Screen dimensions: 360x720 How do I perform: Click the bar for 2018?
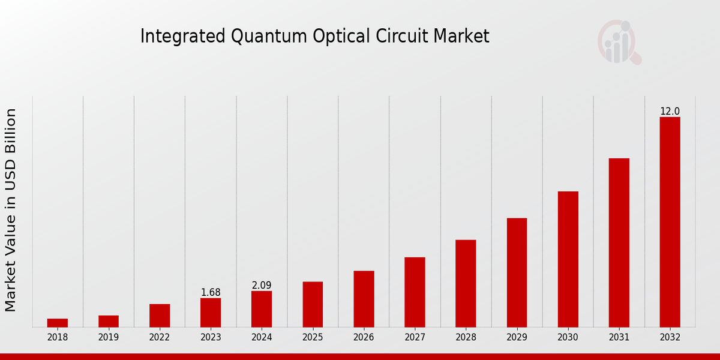coord(58,323)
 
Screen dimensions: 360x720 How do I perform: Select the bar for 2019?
coord(109,321)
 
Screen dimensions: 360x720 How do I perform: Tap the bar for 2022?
coord(160,316)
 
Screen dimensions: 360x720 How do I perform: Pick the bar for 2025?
coord(313,304)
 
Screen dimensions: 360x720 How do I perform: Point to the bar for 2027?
coord(415,292)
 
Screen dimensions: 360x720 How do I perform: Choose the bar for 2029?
coord(517,272)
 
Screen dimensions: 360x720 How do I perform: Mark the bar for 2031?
coord(619,242)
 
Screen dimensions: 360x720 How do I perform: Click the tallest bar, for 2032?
coord(670,222)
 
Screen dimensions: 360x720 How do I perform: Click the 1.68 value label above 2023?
coord(211,293)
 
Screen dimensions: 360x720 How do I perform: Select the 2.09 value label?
coord(262,286)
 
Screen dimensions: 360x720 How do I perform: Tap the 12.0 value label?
coord(670,112)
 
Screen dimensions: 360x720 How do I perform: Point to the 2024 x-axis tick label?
coord(262,338)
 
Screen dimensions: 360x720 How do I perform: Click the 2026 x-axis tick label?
coord(364,338)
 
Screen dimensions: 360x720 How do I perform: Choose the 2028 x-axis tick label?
coord(466,338)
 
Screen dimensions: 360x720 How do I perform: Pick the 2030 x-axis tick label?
coord(568,338)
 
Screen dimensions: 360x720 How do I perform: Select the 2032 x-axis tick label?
coord(670,338)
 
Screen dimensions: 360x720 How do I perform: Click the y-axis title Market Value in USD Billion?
coord(11,210)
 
